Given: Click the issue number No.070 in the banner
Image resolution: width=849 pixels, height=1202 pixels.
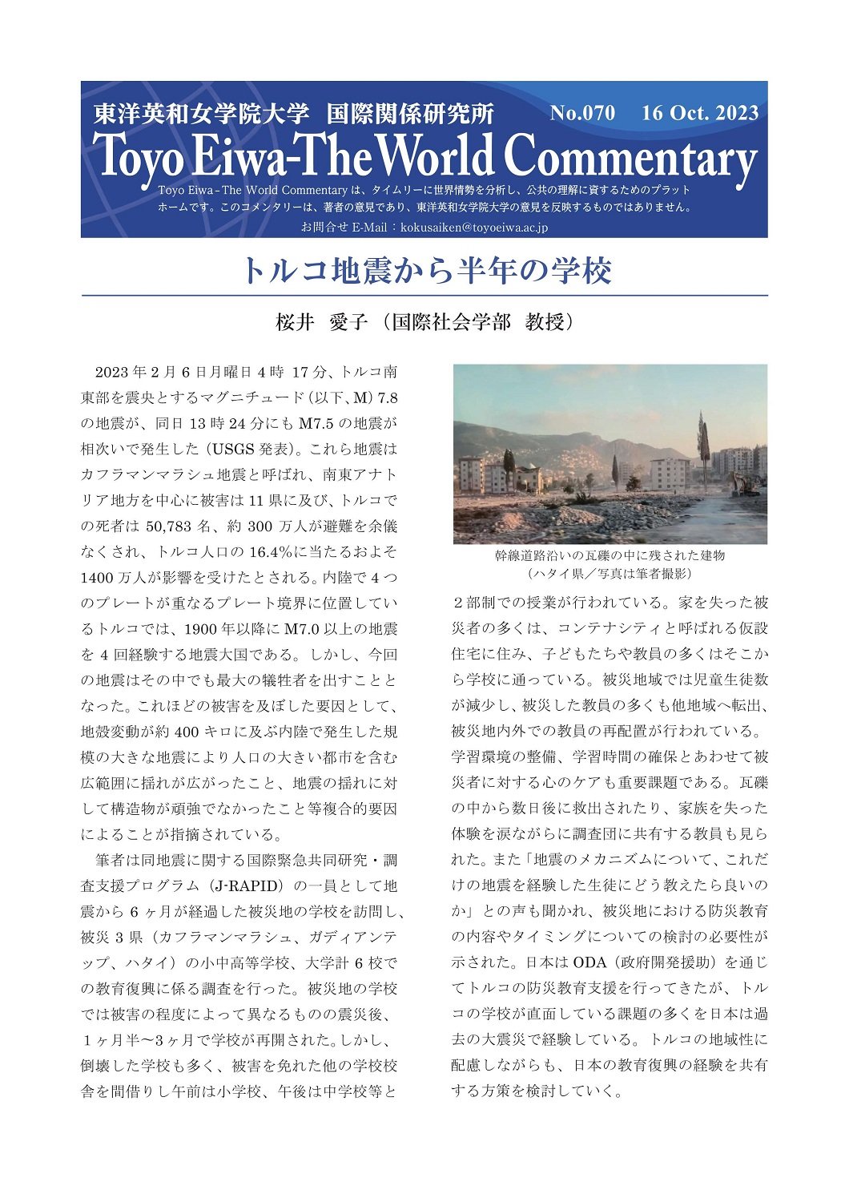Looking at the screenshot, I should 582,113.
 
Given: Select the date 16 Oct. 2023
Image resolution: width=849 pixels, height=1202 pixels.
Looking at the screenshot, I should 699,113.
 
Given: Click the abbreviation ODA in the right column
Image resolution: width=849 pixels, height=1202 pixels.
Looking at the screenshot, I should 590,962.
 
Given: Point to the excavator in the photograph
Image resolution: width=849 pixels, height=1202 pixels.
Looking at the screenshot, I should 744,483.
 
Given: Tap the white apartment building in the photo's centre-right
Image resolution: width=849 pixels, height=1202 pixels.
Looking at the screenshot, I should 669,474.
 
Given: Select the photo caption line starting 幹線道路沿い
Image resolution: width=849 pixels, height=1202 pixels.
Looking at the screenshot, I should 610,555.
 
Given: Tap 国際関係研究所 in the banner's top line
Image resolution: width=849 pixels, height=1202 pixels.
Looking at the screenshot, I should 409,114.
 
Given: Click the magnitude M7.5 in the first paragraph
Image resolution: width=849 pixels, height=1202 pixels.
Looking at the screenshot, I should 320,424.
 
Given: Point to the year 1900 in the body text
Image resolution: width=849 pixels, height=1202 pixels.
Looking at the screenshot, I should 200,629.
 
